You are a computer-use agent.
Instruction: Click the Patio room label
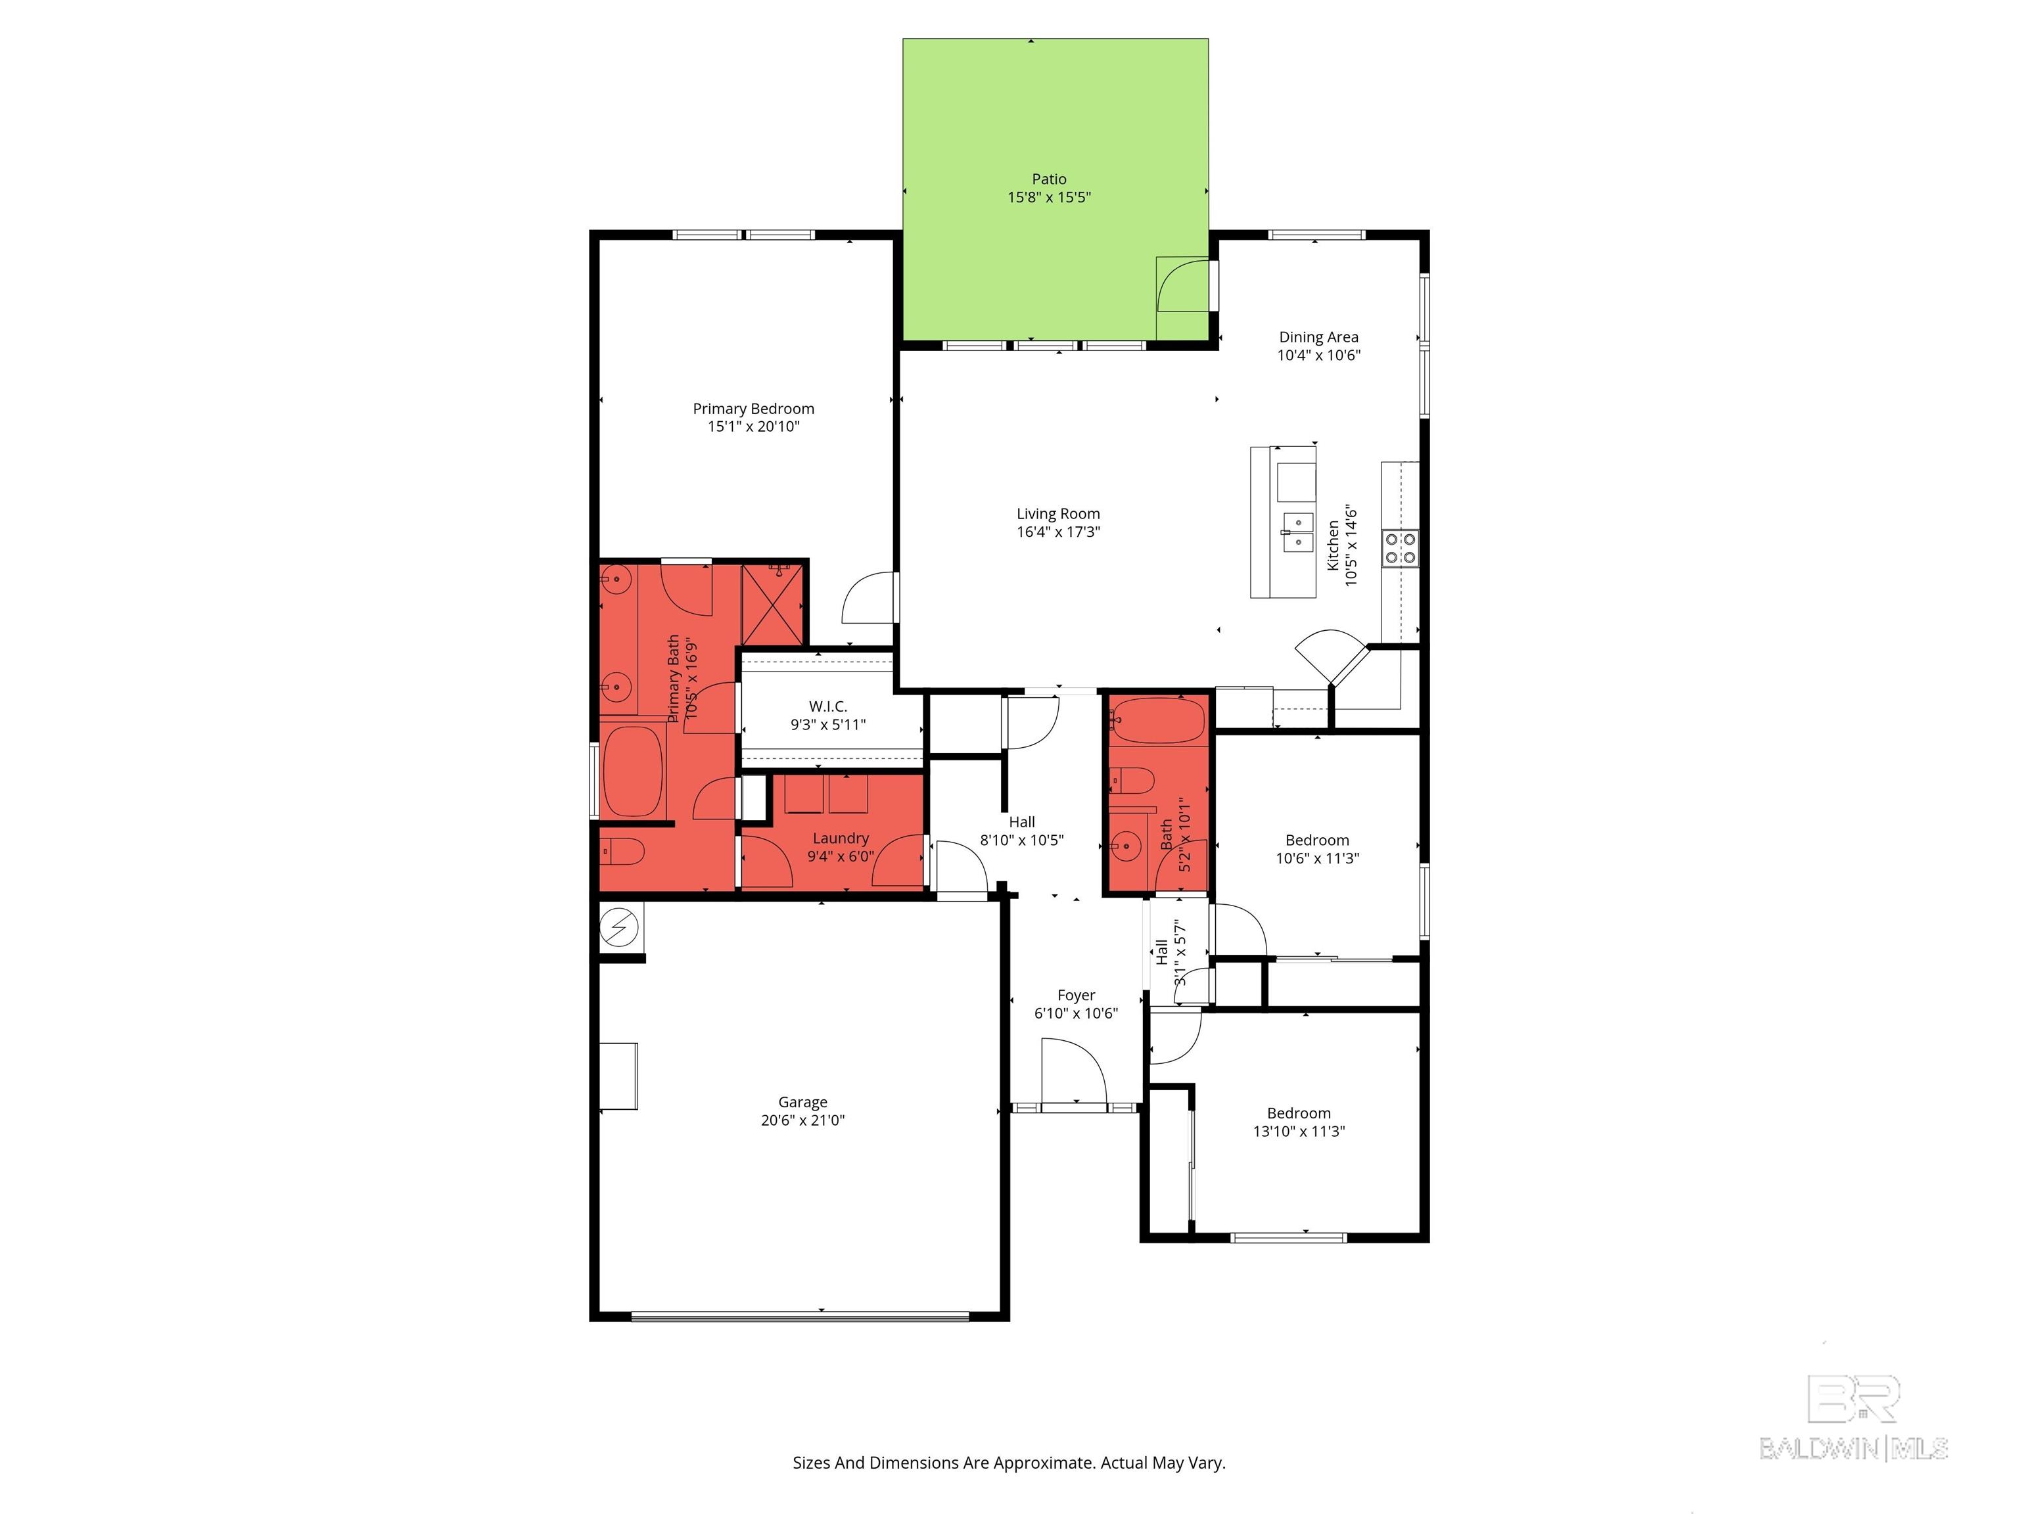coord(1049,179)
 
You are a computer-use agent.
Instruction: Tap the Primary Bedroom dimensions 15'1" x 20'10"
coord(753,426)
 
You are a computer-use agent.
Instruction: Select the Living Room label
coord(1058,514)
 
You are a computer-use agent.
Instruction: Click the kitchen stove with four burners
coord(1400,549)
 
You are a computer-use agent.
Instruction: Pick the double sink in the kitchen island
coord(1297,532)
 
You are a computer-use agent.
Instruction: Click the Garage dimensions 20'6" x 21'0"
coord(802,1120)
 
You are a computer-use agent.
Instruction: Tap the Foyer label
coord(1076,996)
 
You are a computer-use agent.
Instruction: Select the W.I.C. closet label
coord(828,706)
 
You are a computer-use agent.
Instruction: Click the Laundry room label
coord(841,838)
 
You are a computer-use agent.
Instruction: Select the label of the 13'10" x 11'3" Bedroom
coord(1298,1113)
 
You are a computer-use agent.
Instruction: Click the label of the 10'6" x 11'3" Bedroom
coord(1317,840)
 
